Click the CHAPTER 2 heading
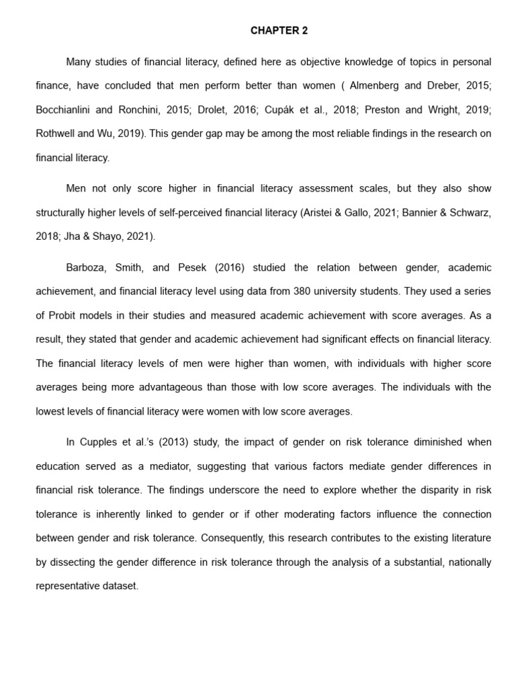point(279,30)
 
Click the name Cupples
point(99,442)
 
